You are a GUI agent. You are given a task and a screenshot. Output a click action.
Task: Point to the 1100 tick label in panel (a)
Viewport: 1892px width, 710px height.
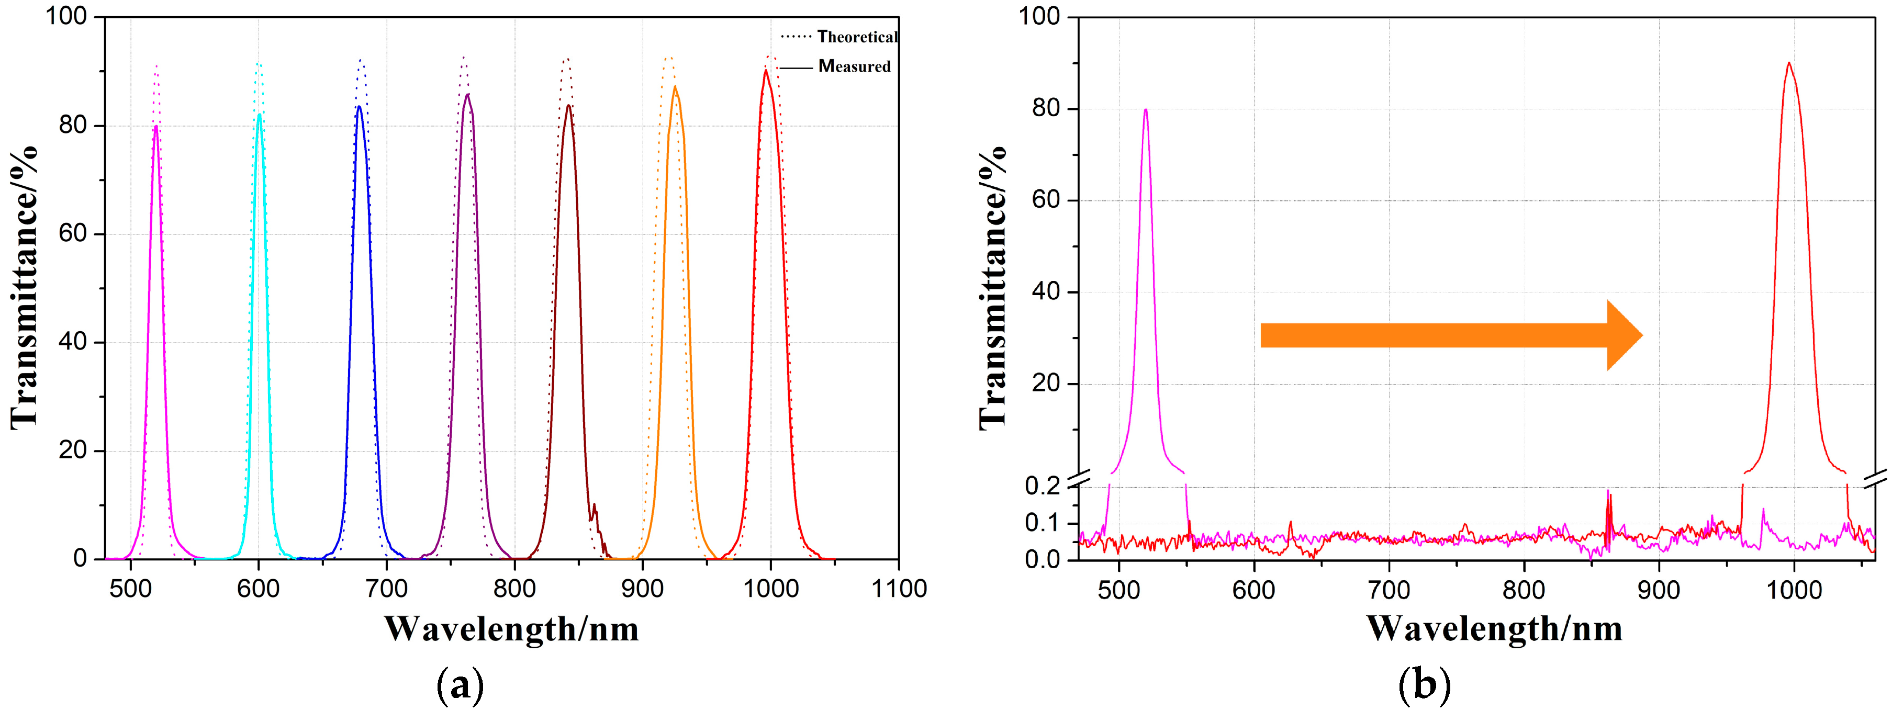click(x=898, y=589)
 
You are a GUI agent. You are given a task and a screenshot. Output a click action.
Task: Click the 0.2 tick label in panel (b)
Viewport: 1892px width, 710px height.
click(x=1042, y=486)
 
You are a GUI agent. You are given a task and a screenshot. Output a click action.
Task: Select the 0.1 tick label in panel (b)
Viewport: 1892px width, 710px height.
click(x=1042, y=523)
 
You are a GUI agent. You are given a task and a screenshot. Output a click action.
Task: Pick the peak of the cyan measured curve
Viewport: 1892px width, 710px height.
click(x=259, y=114)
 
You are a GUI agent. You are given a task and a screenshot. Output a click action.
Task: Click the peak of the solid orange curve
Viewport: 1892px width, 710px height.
click(x=674, y=87)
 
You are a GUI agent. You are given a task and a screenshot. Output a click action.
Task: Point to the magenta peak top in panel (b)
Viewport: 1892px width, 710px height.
click(x=1145, y=109)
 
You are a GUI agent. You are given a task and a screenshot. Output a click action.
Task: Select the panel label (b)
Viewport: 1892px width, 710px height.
click(x=1424, y=685)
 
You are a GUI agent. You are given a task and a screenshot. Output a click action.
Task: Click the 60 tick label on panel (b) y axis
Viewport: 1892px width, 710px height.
click(x=1045, y=200)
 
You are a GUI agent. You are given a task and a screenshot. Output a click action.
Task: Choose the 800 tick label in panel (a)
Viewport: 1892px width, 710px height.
click(x=514, y=589)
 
